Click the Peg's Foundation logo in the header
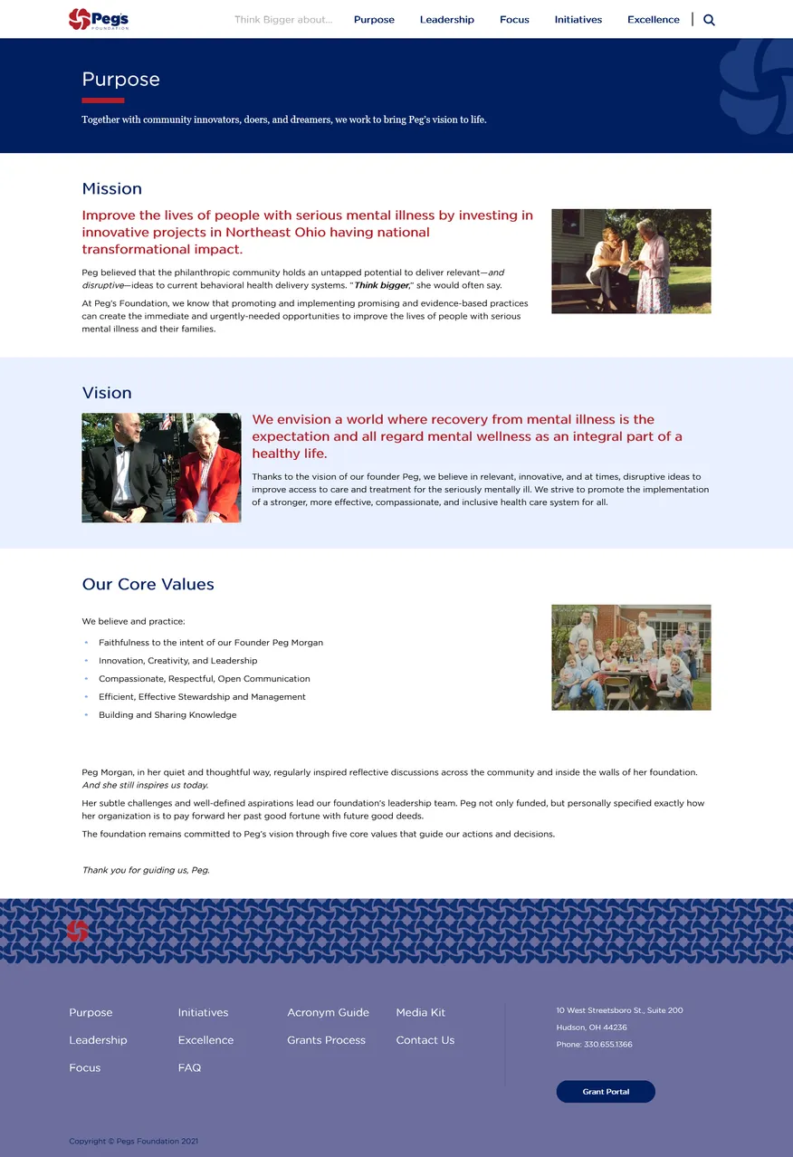tap(98, 19)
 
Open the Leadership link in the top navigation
tap(446, 20)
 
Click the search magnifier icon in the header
tap(709, 20)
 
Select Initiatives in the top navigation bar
tap(578, 20)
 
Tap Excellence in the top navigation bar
tap(653, 20)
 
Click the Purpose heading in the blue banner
tap(120, 80)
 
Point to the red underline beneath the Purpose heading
tap(102, 100)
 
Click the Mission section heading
tap(111, 189)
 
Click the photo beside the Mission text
tap(631, 262)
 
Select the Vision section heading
tap(107, 393)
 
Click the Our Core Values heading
tap(148, 585)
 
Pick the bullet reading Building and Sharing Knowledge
tap(167, 715)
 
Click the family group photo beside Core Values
tap(631, 657)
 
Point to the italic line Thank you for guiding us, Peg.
tap(146, 870)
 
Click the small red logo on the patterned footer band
tap(78, 931)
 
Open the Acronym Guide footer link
tap(328, 1013)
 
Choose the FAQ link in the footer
tap(189, 1068)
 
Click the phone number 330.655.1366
tap(607, 1045)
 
